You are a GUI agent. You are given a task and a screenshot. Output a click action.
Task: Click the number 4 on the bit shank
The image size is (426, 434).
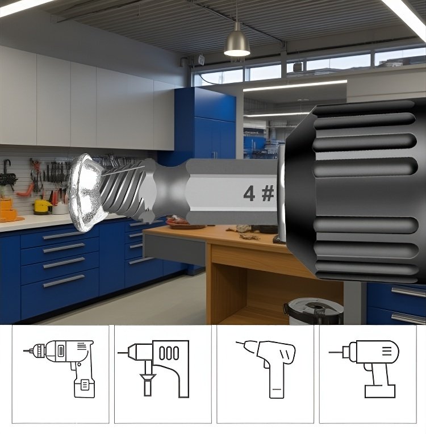pos(249,194)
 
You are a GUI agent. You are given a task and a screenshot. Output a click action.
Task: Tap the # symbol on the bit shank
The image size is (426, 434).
pos(268,194)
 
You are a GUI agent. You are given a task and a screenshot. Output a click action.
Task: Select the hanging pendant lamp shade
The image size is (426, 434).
pos(237,41)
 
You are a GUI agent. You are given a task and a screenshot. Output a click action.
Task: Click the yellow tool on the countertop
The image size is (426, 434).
pos(42,206)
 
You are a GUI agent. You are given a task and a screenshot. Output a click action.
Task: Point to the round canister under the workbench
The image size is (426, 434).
pos(313,311)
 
